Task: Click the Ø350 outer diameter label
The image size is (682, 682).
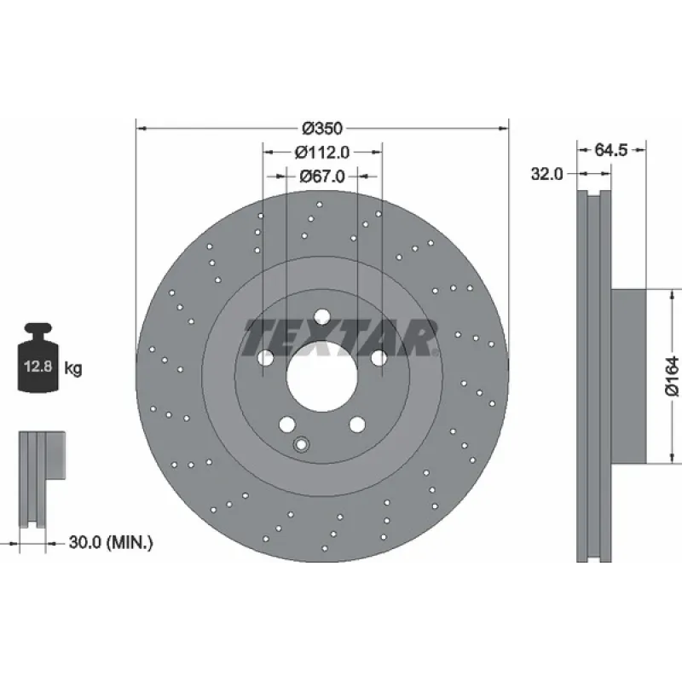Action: click(x=322, y=129)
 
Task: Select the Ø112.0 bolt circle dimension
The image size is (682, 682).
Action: click(x=322, y=153)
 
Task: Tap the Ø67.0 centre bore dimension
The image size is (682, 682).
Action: click(x=322, y=176)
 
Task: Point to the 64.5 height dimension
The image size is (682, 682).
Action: click(x=610, y=150)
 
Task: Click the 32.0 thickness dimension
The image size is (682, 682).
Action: click(x=546, y=174)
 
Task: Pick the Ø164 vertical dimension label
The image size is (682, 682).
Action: click(x=672, y=376)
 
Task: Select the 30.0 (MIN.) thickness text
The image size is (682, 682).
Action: click(x=111, y=542)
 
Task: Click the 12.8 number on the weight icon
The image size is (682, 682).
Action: click(x=38, y=367)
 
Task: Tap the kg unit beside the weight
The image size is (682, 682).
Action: click(x=73, y=368)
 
